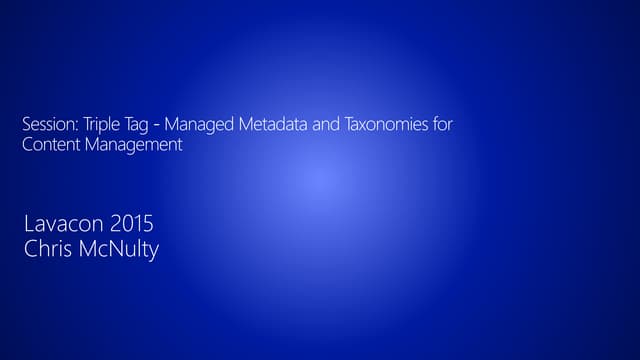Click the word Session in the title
click(46, 125)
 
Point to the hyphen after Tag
click(157, 126)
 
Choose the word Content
click(50, 145)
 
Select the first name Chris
click(47, 249)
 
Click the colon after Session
click(73, 127)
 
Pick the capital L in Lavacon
click(28, 225)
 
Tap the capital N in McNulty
click(109, 249)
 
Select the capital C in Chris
click(30, 249)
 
